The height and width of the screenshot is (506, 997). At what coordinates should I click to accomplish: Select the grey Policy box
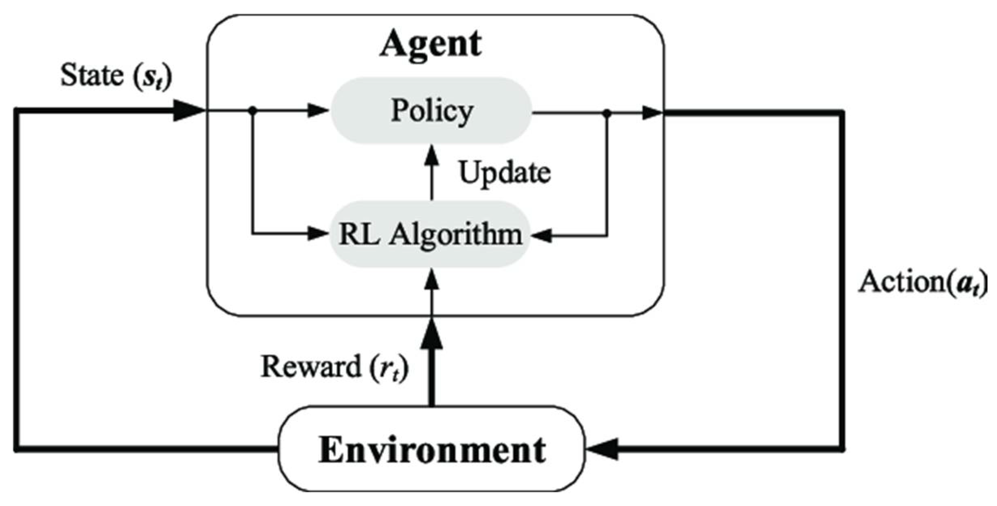[x=431, y=110]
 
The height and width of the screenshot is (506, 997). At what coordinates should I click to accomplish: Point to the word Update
[x=504, y=173]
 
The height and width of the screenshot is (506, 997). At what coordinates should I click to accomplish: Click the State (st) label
[x=116, y=75]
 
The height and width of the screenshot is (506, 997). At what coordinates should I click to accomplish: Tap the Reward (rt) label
[x=334, y=367]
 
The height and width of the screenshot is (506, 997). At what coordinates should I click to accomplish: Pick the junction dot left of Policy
[x=252, y=110]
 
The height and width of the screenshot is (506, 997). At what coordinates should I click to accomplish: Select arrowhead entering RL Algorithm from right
[x=542, y=235]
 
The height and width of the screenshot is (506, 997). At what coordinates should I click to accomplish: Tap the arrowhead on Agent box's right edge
[x=652, y=113]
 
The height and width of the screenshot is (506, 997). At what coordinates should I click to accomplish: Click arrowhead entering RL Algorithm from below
[x=432, y=281]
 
